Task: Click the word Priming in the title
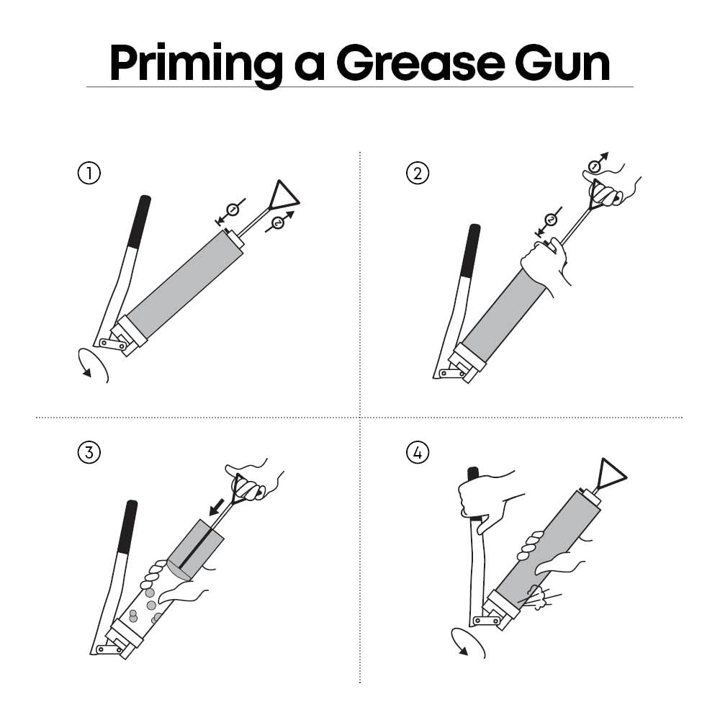(x=196, y=65)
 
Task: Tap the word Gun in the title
(x=562, y=64)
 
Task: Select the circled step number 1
(x=89, y=173)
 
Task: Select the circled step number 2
(x=418, y=173)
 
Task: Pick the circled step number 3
(x=89, y=452)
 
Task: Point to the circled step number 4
(x=418, y=452)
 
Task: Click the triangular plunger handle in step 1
(x=282, y=195)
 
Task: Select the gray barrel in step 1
(x=184, y=284)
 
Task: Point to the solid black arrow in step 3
(x=217, y=507)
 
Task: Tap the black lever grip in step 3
(x=128, y=527)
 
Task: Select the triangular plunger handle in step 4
(x=612, y=473)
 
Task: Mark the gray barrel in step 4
(x=549, y=549)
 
